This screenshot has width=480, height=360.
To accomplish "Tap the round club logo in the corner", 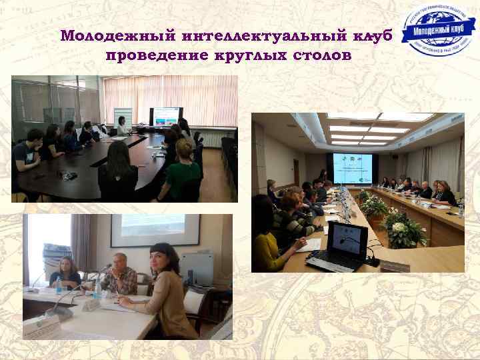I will click(439, 31).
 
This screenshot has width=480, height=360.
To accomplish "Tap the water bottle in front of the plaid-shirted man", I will click(98, 289).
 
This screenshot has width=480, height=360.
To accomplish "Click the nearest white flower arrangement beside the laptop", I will click(401, 227).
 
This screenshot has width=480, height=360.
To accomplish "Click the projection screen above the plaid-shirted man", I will click(155, 230).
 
